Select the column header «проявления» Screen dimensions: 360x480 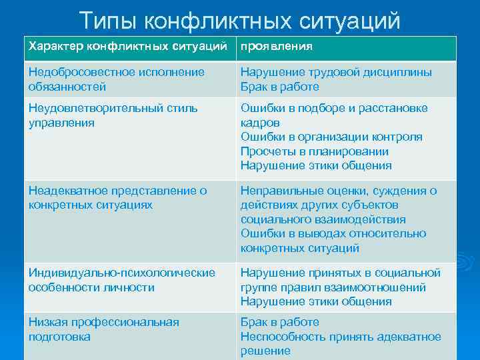(x=277, y=47)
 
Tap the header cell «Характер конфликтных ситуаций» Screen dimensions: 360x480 (x=129, y=47)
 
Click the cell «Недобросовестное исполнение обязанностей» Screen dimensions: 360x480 (x=117, y=79)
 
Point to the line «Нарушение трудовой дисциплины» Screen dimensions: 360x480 (x=336, y=72)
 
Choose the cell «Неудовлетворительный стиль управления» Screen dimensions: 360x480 (x=113, y=115)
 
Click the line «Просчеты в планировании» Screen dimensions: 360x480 (x=315, y=151)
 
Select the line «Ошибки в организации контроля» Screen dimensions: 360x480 (x=331, y=137)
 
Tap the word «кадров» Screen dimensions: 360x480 (x=260, y=123)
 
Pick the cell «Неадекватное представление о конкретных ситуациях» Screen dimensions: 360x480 (x=118, y=198)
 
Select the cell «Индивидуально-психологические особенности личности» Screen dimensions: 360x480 (x=122, y=280)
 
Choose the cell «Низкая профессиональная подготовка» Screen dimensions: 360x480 (x=104, y=329)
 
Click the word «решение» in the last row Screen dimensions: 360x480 (x=265, y=351)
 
